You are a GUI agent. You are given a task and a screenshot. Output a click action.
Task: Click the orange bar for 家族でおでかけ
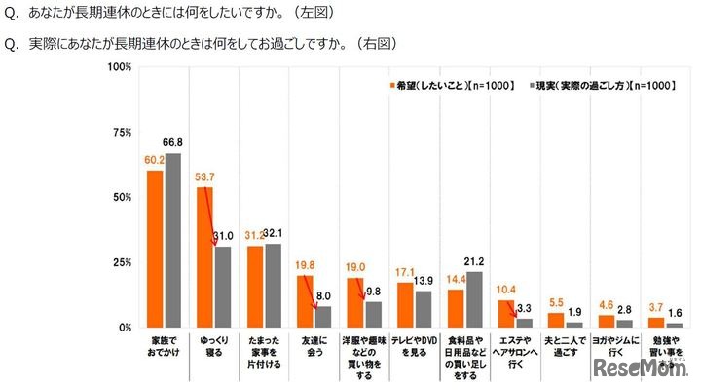tap(155, 249)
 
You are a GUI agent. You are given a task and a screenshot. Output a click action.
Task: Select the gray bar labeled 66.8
tap(172, 240)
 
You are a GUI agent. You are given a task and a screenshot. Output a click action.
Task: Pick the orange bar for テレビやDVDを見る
tap(405, 304)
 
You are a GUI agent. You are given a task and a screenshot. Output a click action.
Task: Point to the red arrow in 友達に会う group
tap(309, 292)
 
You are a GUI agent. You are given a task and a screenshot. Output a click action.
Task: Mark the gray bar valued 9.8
tap(373, 314)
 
